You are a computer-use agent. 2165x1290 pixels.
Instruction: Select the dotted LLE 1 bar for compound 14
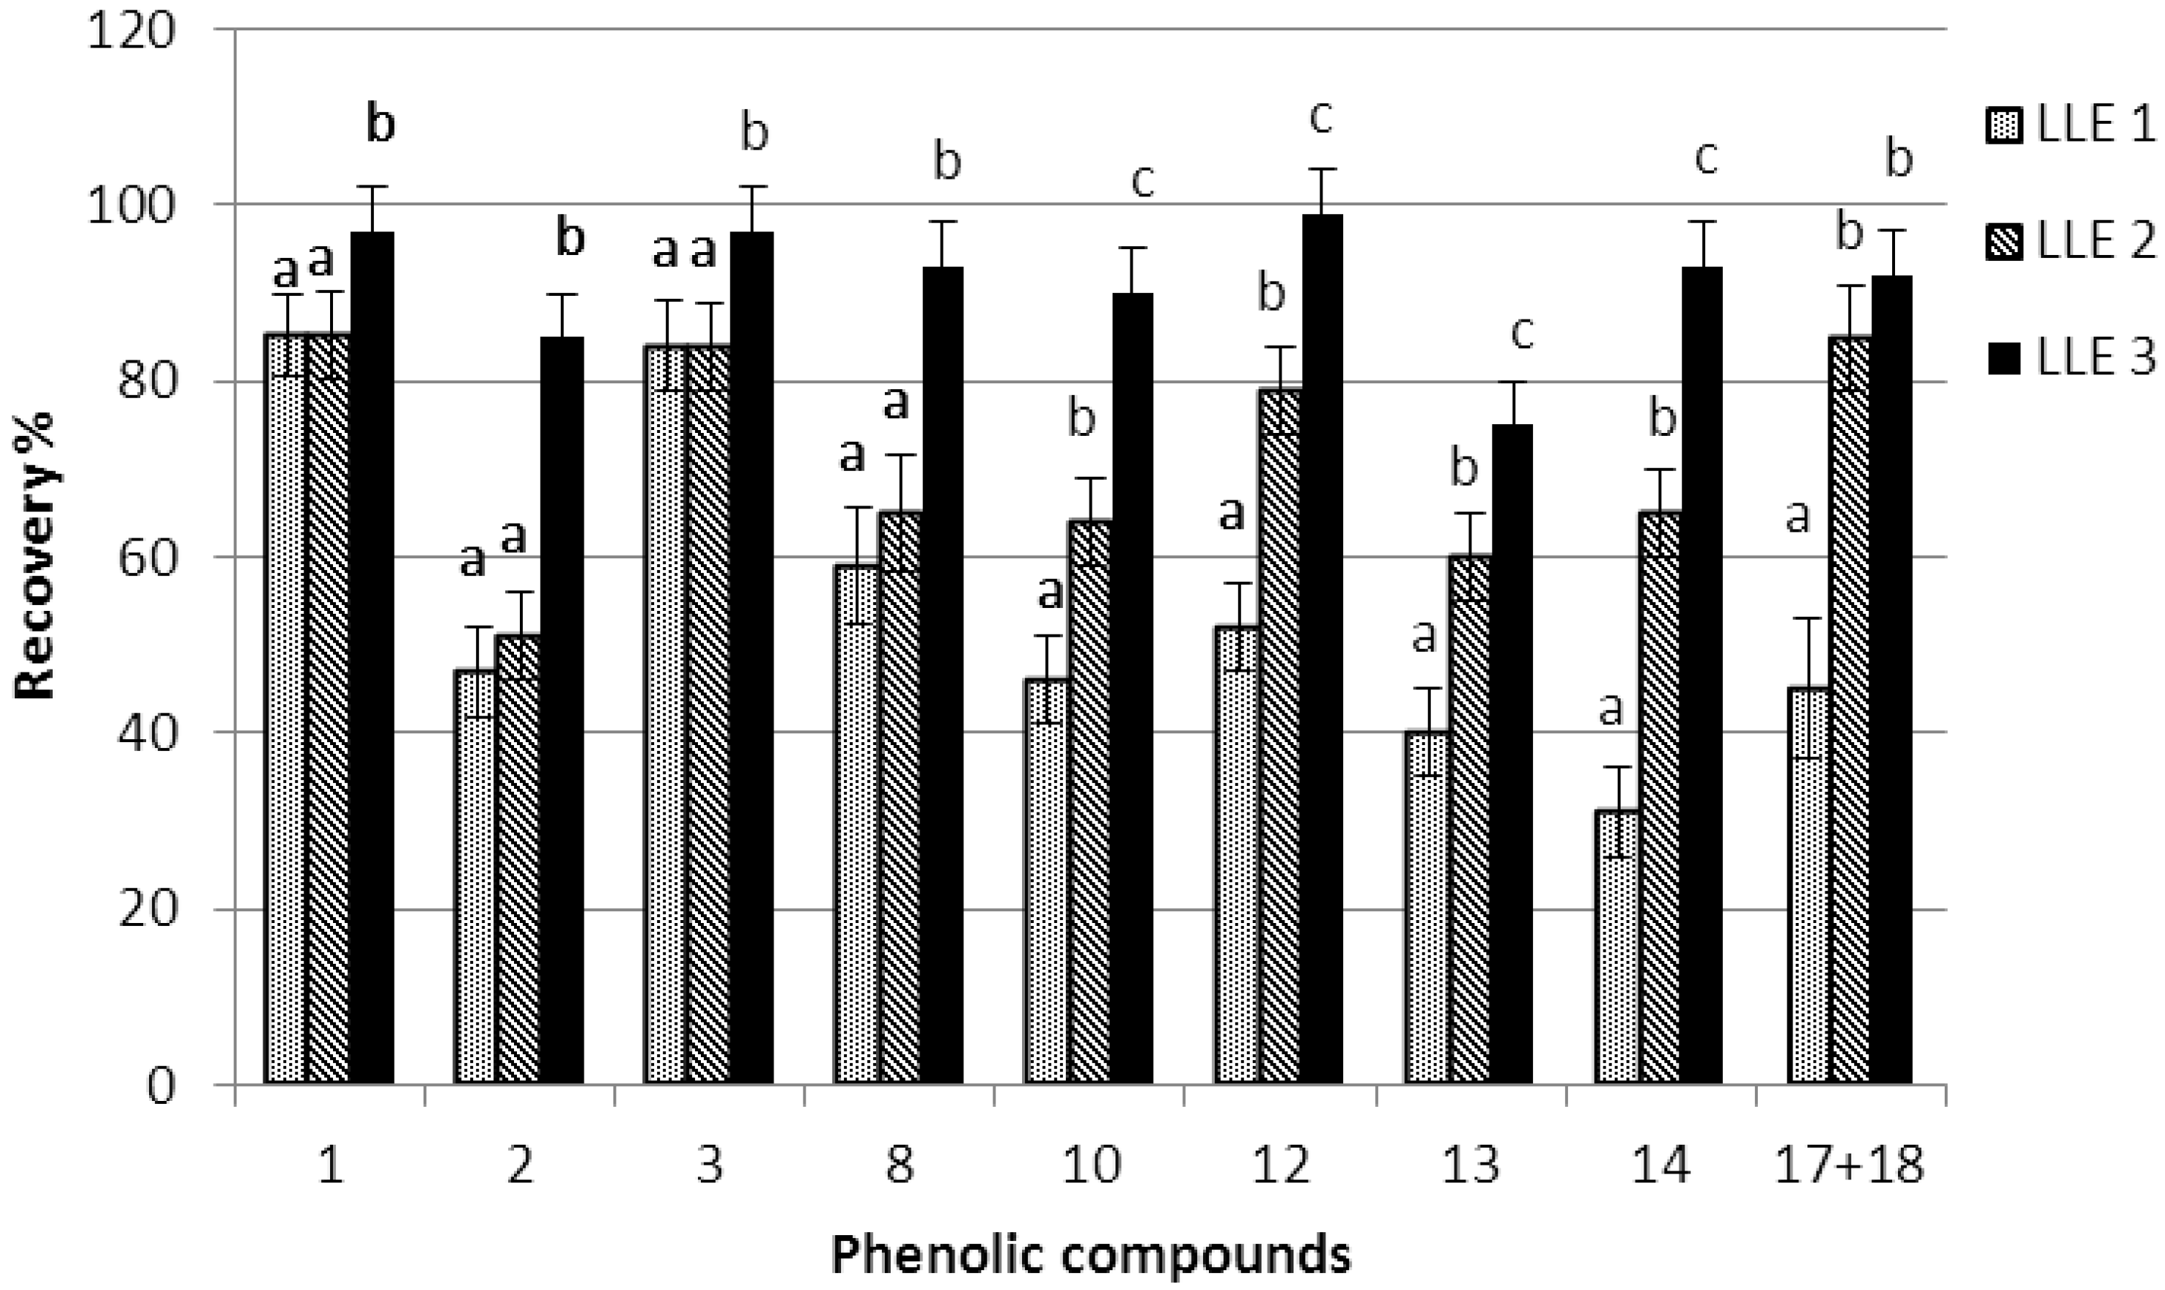pos(1616,947)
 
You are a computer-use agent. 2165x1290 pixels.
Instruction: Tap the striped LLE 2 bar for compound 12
pos(1280,739)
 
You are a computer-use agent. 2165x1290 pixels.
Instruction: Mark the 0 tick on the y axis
pos(160,1085)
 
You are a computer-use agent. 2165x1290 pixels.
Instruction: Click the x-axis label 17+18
pos(1848,1165)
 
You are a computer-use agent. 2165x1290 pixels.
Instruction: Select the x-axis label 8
pos(900,1165)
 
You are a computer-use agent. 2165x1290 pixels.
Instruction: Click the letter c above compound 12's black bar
pos(1321,119)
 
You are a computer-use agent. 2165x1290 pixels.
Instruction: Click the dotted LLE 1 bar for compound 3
pos(666,712)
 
